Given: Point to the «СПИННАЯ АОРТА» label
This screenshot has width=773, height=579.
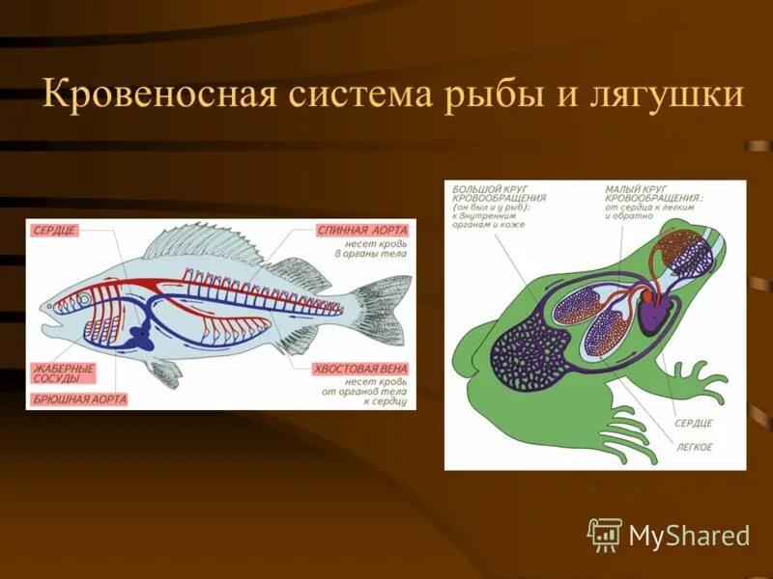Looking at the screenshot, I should tap(363, 231).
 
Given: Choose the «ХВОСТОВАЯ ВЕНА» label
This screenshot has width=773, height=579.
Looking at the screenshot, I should tap(361, 369).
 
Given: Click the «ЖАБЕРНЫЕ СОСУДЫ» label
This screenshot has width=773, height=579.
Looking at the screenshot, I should tap(64, 372).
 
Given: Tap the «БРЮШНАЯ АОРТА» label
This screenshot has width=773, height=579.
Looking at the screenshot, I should tap(79, 399).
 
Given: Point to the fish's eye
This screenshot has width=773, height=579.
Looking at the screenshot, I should tap(85, 300).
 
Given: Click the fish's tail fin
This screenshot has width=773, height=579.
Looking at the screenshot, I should tap(386, 309).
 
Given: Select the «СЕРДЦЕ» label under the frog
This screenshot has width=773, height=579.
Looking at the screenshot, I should tap(693, 424).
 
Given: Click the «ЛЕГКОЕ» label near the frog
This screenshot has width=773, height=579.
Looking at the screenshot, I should tap(693, 447).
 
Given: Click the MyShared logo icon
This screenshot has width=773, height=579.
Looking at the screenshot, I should tap(605, 534).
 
